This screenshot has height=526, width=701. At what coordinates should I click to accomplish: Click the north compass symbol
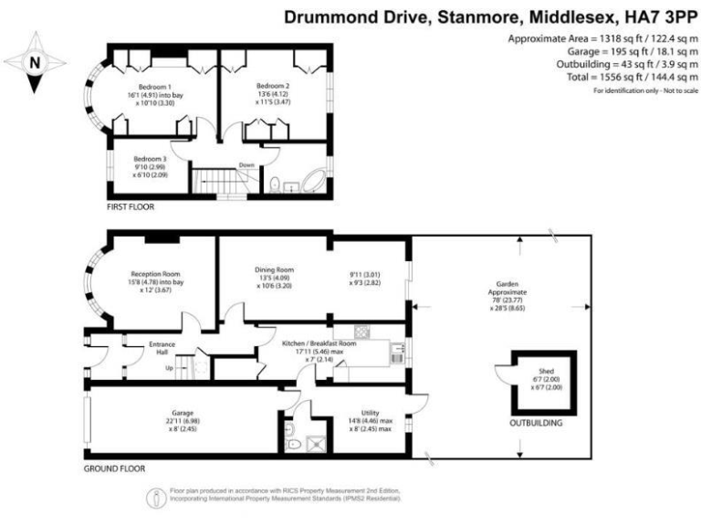(x=35, y=63)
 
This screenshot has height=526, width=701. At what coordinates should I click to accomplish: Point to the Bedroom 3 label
(x=151, y=156)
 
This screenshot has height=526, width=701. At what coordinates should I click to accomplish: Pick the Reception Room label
(x=155, y=273)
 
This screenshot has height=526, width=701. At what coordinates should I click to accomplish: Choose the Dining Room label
(x=274, y=269)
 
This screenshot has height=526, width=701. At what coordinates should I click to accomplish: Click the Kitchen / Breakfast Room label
(x=318, y=343)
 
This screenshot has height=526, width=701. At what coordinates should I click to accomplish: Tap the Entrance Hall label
(x=162, y=344)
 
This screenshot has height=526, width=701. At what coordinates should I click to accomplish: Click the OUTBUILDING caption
(x=535, y=424)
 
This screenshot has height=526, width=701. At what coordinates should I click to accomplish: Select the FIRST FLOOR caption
(x=131, y=207)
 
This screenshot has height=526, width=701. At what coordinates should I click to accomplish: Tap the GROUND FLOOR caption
(x=113, y=468)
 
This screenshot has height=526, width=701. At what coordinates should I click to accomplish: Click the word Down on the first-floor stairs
(x=246, y=165)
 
